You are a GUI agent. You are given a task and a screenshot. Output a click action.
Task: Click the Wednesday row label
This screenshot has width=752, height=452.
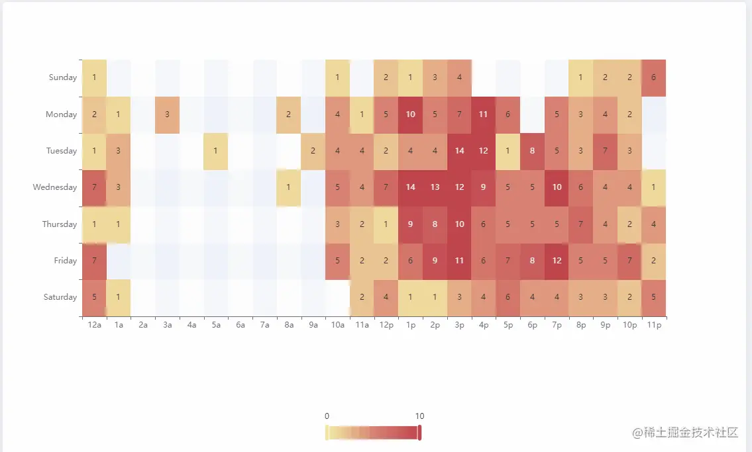click(55, 187)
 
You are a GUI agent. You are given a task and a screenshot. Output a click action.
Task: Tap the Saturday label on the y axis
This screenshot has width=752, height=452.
click(60, 297)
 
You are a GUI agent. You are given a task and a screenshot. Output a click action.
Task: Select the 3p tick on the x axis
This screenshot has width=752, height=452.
click(459, 326)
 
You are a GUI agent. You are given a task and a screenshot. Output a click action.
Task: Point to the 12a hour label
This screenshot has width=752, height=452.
click(94, 326)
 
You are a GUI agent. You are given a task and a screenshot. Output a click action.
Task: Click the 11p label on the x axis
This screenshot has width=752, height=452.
click(653, 326)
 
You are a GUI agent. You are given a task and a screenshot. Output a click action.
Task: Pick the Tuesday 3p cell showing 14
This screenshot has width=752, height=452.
click(459, 151)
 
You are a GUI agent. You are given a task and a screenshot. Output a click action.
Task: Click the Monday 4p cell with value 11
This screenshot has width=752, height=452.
click(484, 114)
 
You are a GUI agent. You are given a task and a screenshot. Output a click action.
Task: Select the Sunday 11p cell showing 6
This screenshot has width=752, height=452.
click(654, 77)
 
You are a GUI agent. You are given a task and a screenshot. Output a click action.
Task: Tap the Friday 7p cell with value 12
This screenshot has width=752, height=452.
click(557, 261)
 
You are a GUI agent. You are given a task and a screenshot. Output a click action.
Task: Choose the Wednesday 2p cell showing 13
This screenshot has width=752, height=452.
click(435, 187)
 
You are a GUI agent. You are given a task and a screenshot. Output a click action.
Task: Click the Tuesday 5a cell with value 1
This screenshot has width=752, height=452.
click(216, 151)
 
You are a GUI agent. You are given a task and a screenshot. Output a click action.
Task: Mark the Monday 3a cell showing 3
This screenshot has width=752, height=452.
click(167, 114)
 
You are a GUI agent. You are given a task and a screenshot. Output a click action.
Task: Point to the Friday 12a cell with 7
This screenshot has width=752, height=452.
click(94, 261)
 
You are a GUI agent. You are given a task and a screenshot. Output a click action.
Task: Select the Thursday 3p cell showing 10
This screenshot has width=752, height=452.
click(459, 224)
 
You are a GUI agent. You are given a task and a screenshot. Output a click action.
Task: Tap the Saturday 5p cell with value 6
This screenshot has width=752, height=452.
click(508, 297)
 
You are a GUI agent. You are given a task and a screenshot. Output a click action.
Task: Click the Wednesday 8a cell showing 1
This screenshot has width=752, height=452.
click(289, 187)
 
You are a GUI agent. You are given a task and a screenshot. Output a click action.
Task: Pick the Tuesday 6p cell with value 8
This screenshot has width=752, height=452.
click(532, 151)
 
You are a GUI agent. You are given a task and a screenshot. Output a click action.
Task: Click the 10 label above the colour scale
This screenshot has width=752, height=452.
click(419, 416)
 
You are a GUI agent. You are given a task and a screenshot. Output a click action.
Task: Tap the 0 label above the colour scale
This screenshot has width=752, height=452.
click(327, 416)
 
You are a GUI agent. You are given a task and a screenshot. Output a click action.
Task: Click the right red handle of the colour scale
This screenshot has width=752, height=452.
click(419, 433)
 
